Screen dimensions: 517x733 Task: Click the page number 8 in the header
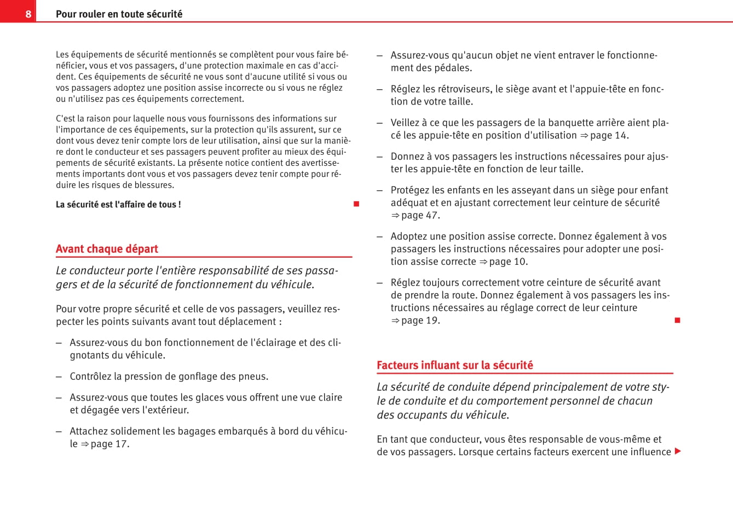coord(28,14)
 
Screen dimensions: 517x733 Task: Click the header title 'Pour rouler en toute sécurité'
coord(119,14)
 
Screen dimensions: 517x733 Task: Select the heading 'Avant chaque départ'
coord(107,249)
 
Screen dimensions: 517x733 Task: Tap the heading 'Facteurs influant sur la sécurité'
coord(454,365)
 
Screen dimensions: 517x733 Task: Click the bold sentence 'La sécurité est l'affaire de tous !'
coord(118,205)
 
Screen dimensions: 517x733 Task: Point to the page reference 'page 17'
coord(109,444)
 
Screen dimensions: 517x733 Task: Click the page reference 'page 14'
coord(609,136)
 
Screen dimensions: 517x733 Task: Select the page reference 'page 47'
coord(420,216)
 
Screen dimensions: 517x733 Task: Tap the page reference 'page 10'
coord(508,262)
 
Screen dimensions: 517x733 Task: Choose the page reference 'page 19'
coord(420,321)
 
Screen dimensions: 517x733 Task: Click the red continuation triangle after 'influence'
coord(678,451)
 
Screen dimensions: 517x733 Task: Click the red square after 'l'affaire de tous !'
coord(356,204)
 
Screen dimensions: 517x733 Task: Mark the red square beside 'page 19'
coord(677,320)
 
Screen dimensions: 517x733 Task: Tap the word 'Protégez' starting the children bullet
coord(409,190)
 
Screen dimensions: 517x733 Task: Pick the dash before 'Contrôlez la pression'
coord(59,377)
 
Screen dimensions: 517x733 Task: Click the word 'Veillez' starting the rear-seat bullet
coord(406,123)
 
